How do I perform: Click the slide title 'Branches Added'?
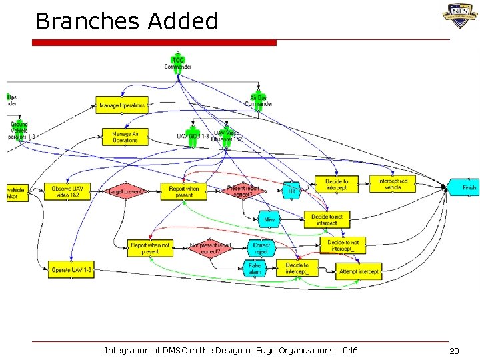click(126, 21)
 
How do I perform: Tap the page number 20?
click(454, 351)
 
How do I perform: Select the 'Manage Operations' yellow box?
click(121, 105)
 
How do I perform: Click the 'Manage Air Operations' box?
click(125, 137)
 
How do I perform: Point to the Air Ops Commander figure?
click(258, 101)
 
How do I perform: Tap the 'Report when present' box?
click(183, 191)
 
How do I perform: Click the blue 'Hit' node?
click(291, 190)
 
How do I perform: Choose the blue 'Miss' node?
click(269, 219)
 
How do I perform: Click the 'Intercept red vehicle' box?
click(393, 184)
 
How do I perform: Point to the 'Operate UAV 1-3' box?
click(71, 270)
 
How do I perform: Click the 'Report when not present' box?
click(150, 248)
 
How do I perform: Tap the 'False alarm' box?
click(255, 269)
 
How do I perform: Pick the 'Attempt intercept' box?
click(359, 271)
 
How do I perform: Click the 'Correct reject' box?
click(261, 248)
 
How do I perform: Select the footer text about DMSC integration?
click(231, 351)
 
